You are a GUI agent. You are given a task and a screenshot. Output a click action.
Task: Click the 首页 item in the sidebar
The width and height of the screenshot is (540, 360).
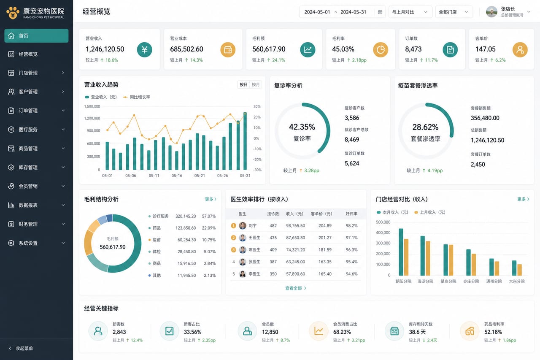(x=36, y=36)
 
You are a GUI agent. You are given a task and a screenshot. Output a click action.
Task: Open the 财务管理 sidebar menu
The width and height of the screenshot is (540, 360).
(x=36, y=224)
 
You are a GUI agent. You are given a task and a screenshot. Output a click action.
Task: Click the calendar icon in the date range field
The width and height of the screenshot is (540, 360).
(x=380, y=12)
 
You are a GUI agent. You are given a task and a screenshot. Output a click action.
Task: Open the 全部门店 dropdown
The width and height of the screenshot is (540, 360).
(x=454, y=12)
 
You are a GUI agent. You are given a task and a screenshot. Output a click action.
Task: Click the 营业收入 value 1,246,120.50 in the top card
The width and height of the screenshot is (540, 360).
(x=105, y=49)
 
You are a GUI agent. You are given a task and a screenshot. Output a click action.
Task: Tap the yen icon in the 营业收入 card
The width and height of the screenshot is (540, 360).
(x=144, y=50)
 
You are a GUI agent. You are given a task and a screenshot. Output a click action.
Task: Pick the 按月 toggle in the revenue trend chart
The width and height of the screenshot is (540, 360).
(x=256, y=85)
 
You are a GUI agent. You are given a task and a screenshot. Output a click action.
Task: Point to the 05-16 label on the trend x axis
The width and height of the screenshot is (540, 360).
(x=177, y=176)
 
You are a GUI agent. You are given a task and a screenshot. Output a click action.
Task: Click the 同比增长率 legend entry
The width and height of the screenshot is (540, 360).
(x=136, y=97)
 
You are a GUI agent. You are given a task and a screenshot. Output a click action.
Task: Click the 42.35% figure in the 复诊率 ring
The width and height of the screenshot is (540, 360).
(x=302, y=127)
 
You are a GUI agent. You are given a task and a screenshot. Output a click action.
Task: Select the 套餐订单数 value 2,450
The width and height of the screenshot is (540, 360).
(x=478, y=165)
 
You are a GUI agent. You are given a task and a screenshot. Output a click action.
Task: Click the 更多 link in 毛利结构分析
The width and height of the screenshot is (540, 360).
(x=211, y=199)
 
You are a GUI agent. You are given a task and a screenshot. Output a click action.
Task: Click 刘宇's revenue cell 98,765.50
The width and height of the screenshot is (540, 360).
(x=295, y=226)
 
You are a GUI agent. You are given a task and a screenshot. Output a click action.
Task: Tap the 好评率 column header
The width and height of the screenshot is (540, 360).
(x=351, y=214)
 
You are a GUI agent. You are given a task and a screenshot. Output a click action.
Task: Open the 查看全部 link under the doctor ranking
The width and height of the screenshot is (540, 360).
(x=296, y=288)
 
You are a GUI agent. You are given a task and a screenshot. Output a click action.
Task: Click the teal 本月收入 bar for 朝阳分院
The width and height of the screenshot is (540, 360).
(x=401, y=252)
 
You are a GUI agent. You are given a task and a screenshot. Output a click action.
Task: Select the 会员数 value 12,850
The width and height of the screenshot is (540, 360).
(x=270, y=332)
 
